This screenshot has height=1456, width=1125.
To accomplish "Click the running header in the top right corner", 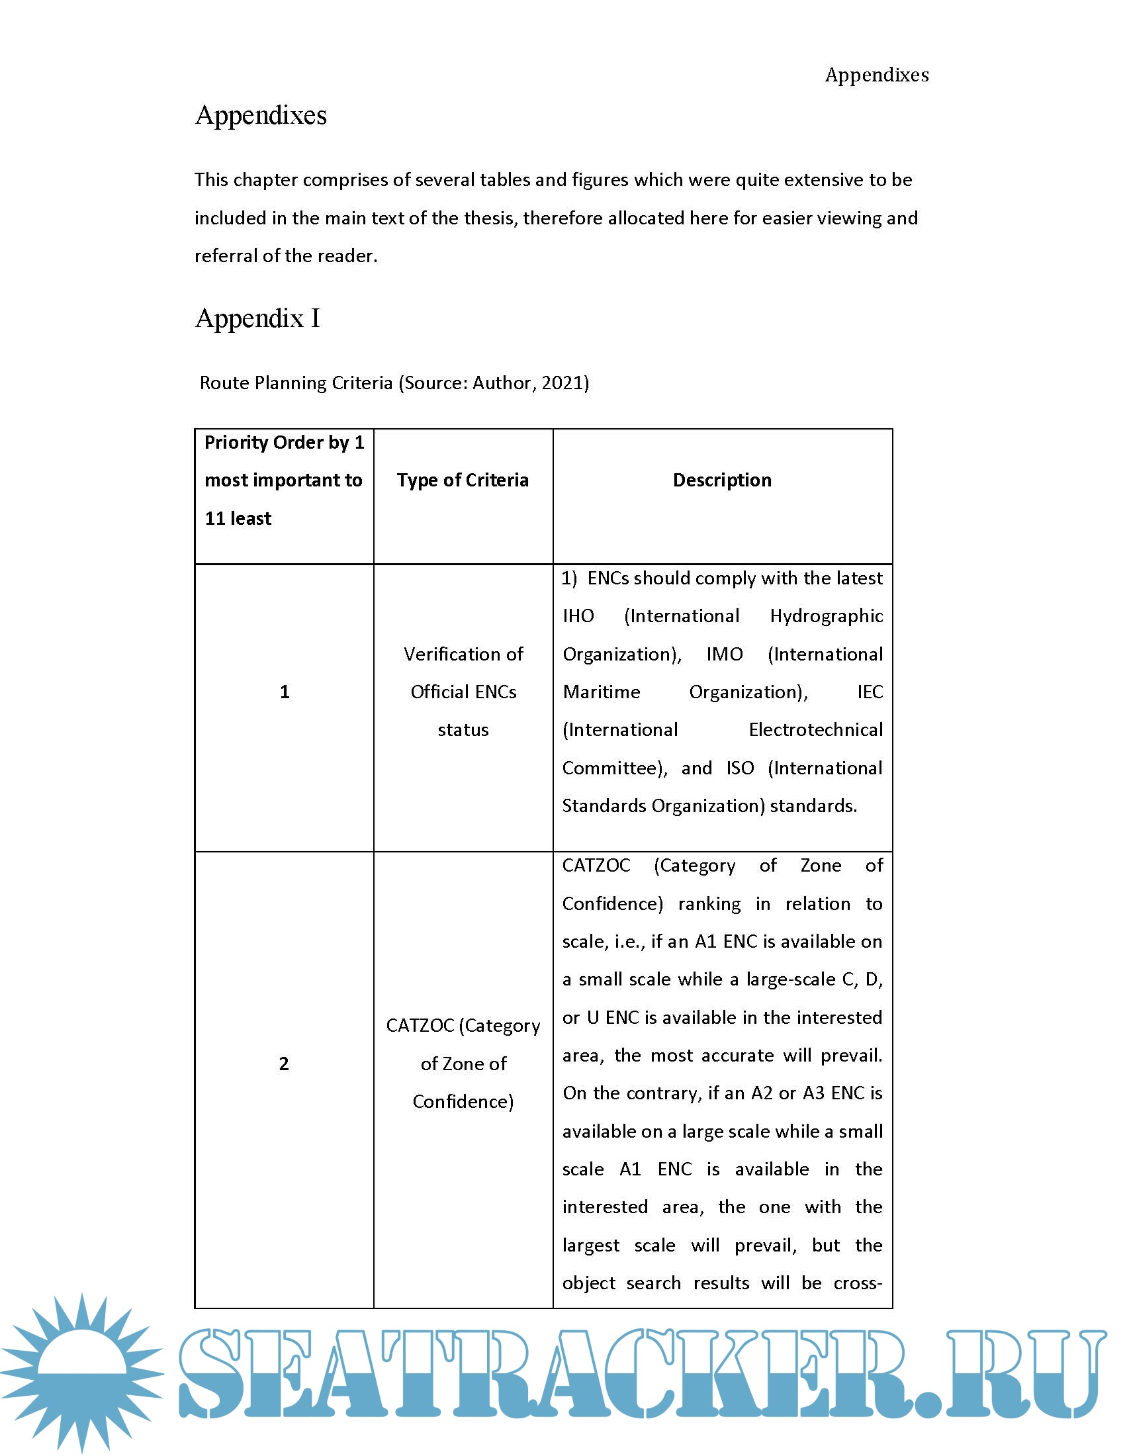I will pyautogui.click(x=876, y=75).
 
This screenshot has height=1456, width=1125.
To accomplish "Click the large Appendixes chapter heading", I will pyautogui.click(x=261, y=115).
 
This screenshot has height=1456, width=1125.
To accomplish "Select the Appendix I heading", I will pyautogui.click(x=257, y=318).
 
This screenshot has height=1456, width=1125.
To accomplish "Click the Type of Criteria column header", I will pyautogui.click(x=463, y=480).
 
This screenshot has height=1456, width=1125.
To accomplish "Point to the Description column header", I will pyautogui.click(x=722, y=480).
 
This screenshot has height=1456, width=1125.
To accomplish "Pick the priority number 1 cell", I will pyautogui.click(x=285, y=692).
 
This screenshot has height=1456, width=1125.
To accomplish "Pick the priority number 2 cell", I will pyautogui.click(x=284, y=1064).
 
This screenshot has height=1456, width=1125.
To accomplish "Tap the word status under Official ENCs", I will pyautogui.click(x=463, y=730).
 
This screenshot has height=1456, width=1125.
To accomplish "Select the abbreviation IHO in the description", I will pyautogui.click(x=578, y=616).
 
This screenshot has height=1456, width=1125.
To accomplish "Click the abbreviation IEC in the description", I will pyautogui.click(x=870, y=692).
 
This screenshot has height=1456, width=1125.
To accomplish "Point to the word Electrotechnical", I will pyautogui.click(x=815, y=730).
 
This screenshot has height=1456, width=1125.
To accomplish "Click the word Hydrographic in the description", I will pyautogui.click(x=826, y=616).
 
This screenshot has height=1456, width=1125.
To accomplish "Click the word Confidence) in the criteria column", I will pyautogui.click(x=463, y=1101).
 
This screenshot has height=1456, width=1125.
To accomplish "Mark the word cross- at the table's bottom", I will pyautogui.click(x=858, y=1283).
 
